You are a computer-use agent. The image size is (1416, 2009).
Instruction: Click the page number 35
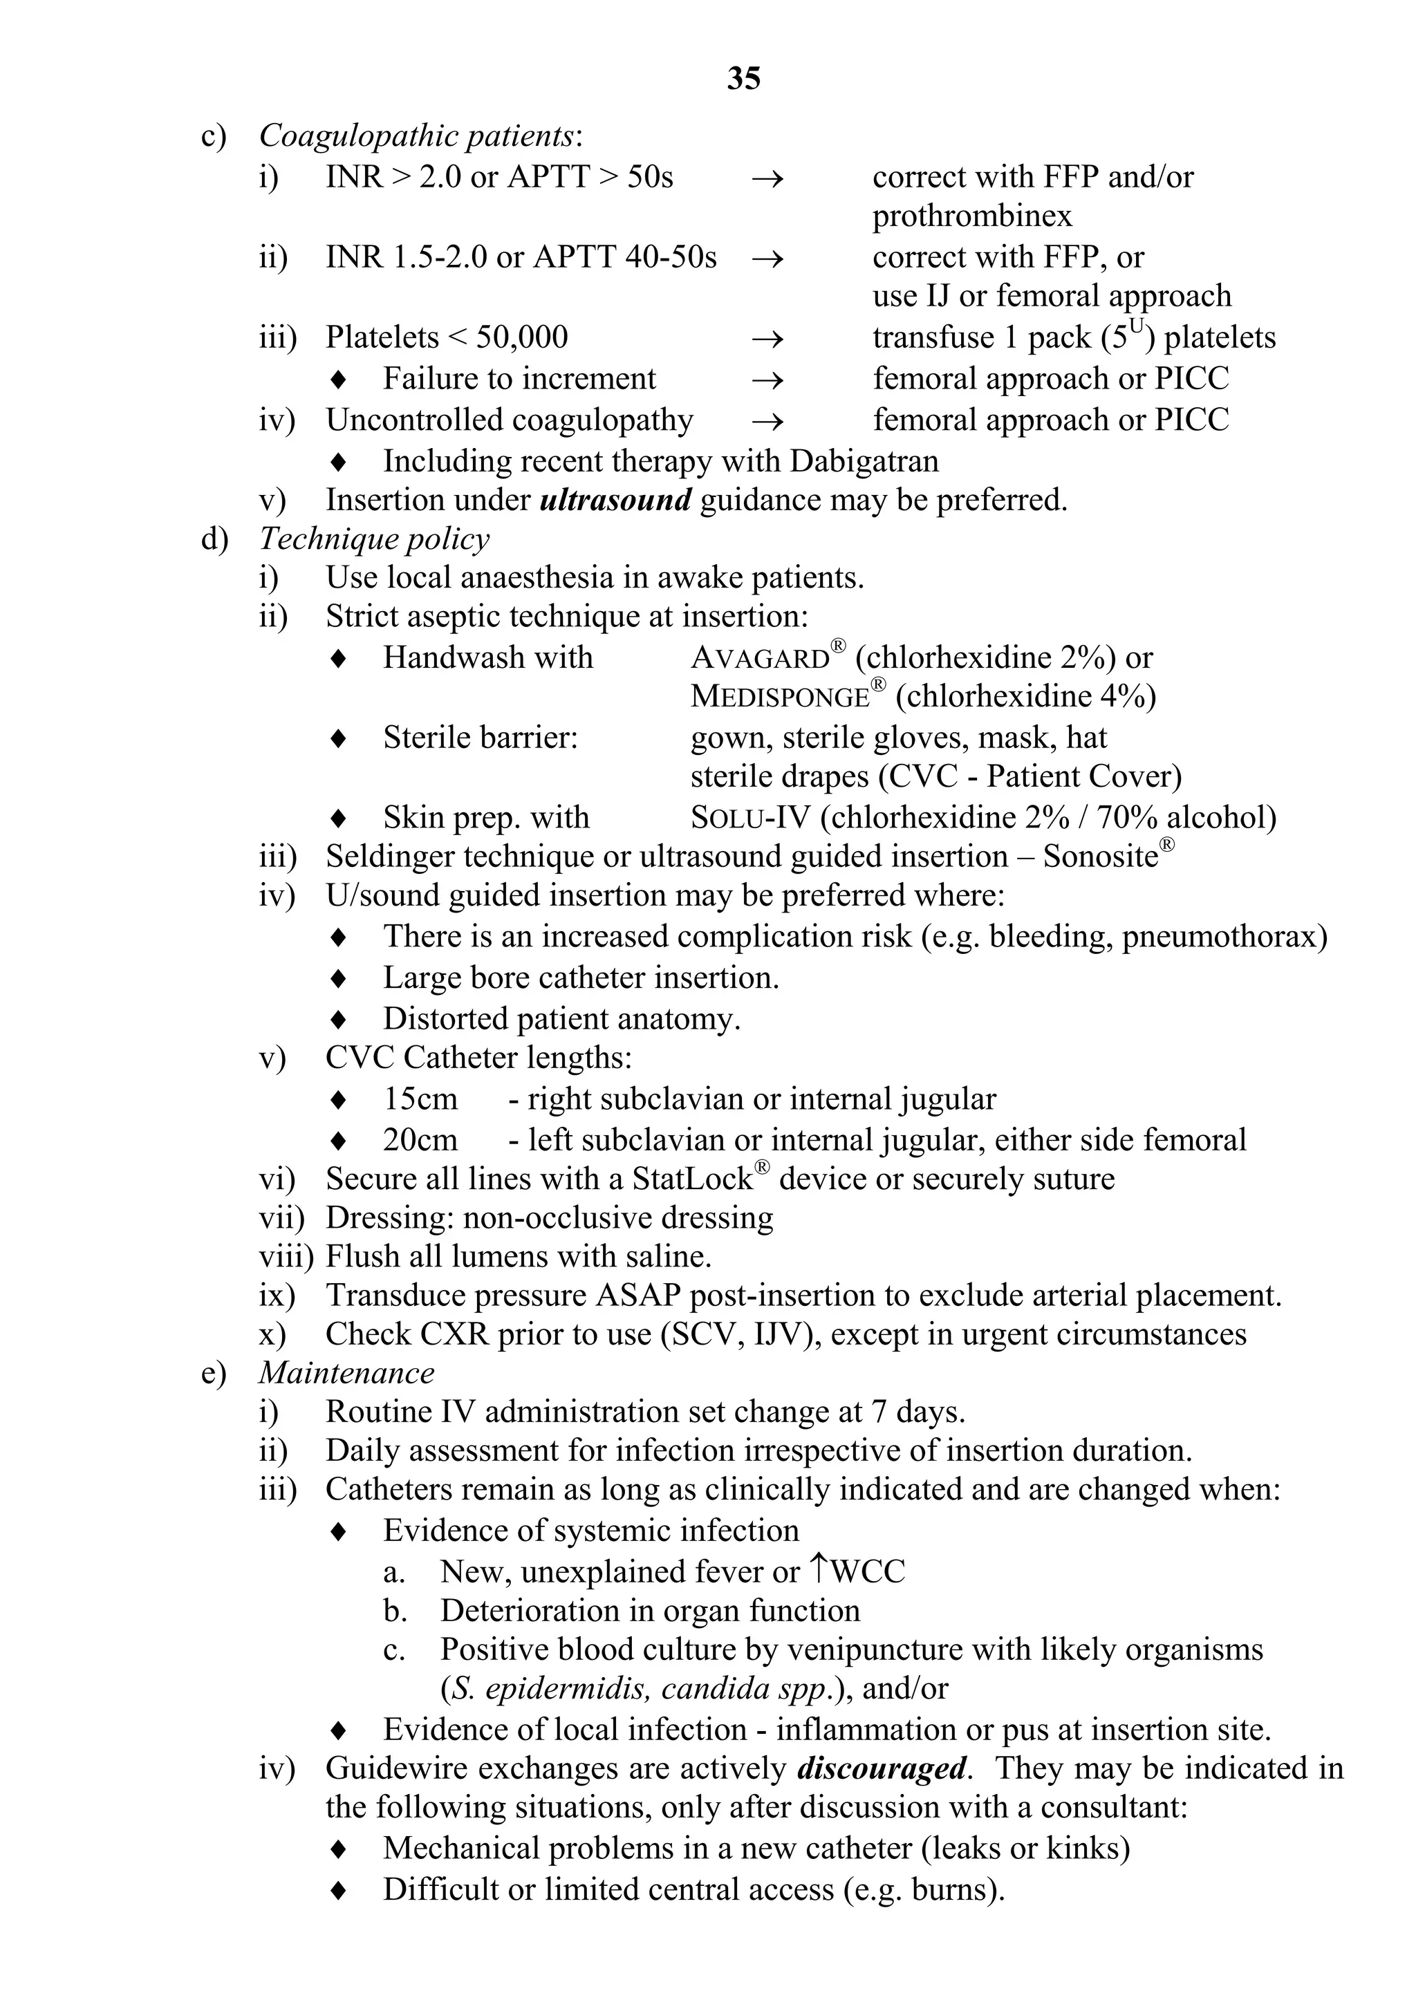point(743,79)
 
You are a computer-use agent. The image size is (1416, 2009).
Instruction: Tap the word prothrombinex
point(971,216)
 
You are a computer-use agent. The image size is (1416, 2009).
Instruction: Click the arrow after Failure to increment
point(767,379)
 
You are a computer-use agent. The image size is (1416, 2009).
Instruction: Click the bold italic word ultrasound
point(616,501)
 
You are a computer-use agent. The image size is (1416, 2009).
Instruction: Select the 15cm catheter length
point(420,1099)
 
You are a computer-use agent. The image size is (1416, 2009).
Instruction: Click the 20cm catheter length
point(420,1140)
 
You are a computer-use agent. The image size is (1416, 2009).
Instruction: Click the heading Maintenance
point(346,1373)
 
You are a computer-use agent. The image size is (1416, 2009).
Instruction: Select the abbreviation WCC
point(866,1571)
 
